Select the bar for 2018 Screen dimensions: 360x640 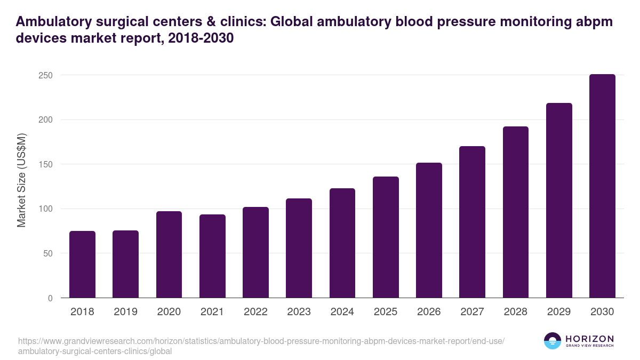click(82, 265)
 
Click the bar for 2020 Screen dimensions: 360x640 click(169, 254)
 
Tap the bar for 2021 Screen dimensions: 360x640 click(212, 256)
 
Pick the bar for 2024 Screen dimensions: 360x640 click(342, 243)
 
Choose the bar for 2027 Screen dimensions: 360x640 click(472, 222)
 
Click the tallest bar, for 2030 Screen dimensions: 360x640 click(602, 186)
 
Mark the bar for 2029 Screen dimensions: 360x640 click(559, 201)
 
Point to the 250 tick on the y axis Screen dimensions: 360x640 click(45, 75)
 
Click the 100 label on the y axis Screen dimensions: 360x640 click(45, 209)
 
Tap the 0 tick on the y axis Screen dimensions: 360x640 click(50, 298)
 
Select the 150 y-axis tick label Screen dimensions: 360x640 click(45, 164)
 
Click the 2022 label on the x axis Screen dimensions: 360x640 click(255, 312)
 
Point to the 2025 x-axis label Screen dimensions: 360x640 click(386, 312)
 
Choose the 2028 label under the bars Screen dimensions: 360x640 click(516, 312)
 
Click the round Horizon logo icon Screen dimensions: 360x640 click(552, 341)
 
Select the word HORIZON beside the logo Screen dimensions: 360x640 click(590, 339)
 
